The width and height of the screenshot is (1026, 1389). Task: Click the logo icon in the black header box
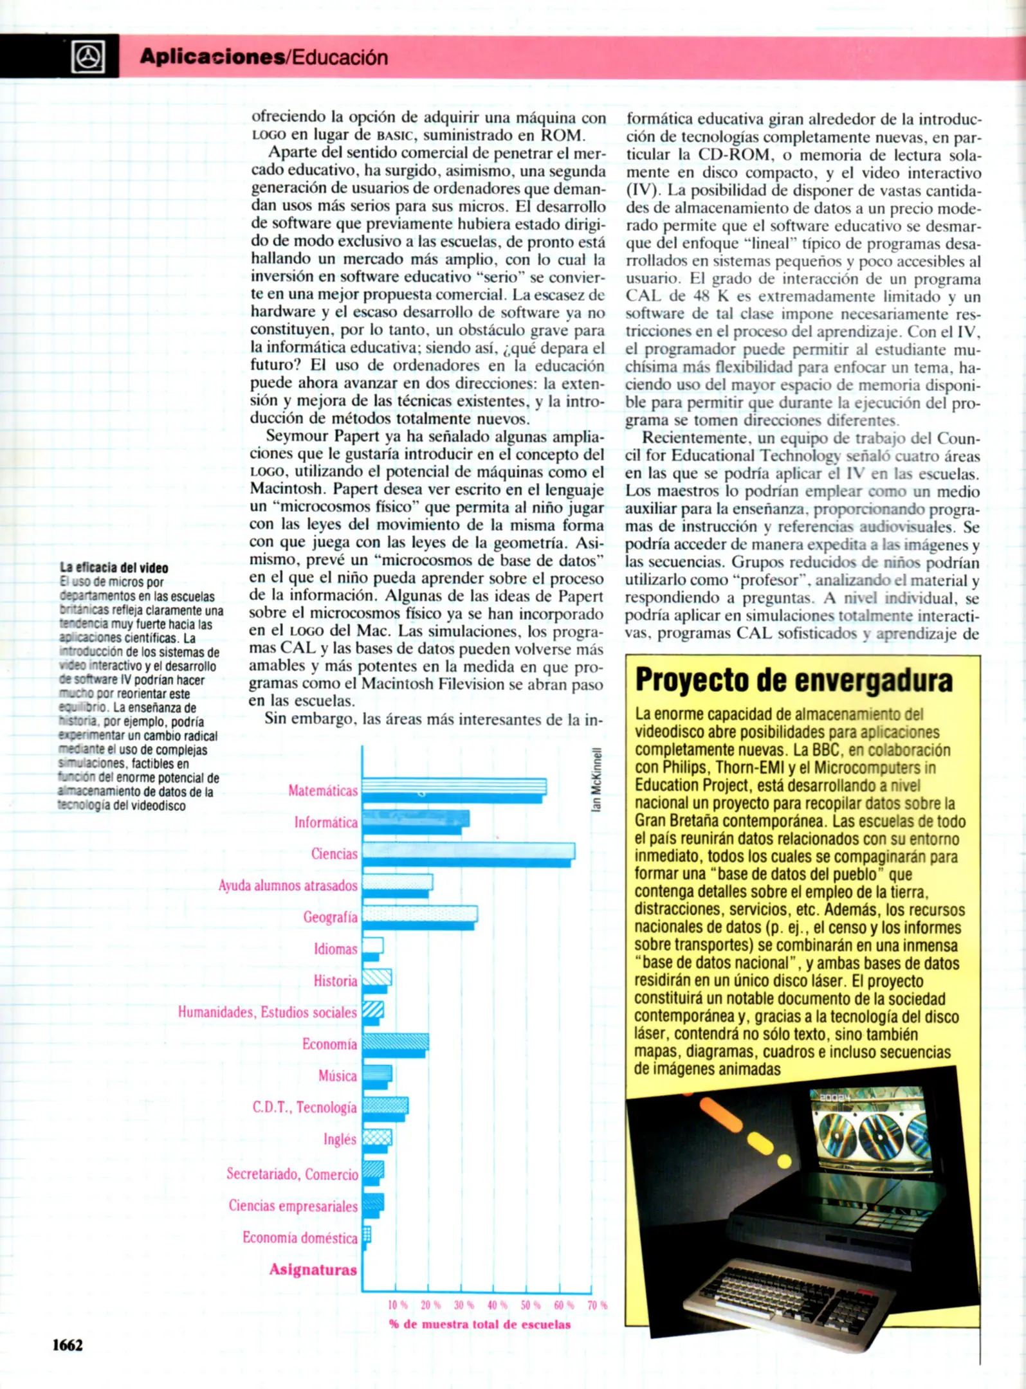88,57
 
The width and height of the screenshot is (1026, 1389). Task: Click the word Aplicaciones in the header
212,57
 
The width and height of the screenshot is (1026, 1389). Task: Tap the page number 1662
68,1345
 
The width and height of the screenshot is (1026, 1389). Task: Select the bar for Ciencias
468,853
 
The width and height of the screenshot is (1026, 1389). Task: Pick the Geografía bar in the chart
419,916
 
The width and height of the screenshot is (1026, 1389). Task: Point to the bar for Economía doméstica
367,1236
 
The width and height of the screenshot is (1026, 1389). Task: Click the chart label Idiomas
335,949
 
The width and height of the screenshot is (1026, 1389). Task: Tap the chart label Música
337,1076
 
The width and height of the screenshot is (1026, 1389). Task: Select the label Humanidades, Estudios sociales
267,1012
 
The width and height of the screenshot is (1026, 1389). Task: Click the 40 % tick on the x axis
497,1305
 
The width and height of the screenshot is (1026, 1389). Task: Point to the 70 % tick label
597,1305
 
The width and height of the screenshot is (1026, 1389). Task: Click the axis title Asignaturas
313,1269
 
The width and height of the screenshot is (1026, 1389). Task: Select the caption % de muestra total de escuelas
480,1324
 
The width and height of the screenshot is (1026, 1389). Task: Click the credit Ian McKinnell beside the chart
596,779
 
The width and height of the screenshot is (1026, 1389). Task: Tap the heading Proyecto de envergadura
794,680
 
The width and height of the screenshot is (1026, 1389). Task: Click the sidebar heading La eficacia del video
114,567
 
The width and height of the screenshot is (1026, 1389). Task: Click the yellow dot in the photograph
784,1161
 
